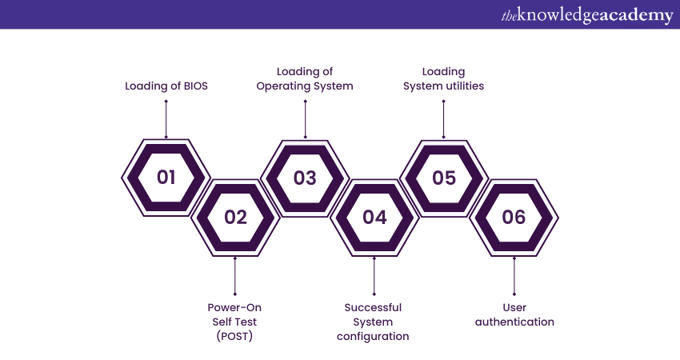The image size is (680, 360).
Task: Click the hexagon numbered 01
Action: [166, 178]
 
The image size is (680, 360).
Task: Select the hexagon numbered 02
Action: [235, 217]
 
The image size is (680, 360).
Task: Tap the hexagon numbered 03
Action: [305, 178]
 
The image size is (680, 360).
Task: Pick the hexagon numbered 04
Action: [374, 217]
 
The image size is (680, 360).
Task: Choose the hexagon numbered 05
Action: [444, 178]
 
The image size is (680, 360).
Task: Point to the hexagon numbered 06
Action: [514, 217]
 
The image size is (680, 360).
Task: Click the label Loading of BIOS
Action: [166, 86]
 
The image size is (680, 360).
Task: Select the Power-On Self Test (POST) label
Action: [234, 322]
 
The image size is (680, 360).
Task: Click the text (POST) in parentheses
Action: [234, 336]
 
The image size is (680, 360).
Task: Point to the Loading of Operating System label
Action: [305, 78]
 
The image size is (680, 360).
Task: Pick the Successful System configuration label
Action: [373, 322]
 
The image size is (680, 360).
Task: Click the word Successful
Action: [373, 307]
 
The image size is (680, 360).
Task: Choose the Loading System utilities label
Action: [443, 78]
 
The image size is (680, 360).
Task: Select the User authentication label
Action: [514, 314]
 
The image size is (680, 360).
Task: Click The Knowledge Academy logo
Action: [586, 15]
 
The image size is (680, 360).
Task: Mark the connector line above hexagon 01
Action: [166, 118]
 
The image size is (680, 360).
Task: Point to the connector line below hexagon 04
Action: [374, 276]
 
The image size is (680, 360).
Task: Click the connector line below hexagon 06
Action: [514, 276]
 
